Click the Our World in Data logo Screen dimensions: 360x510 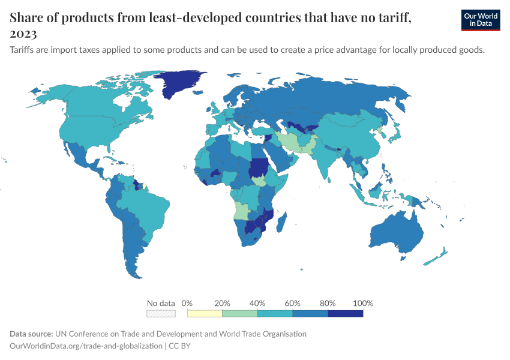[x=480, y=20]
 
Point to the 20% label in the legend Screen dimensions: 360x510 [x=222, y=303]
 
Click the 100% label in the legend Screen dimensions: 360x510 [x=363, y=303]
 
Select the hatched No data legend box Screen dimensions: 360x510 [x=161, y=313]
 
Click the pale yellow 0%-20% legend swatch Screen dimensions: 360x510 [x=205, y=313]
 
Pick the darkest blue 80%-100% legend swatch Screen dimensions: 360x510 [x=346, y=313]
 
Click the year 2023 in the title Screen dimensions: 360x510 [x=23, y=34]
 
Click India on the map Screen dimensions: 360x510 [x=327, y=159]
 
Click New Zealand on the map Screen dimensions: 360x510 [x=437, y=256]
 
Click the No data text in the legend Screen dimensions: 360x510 [x=161, y=303]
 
